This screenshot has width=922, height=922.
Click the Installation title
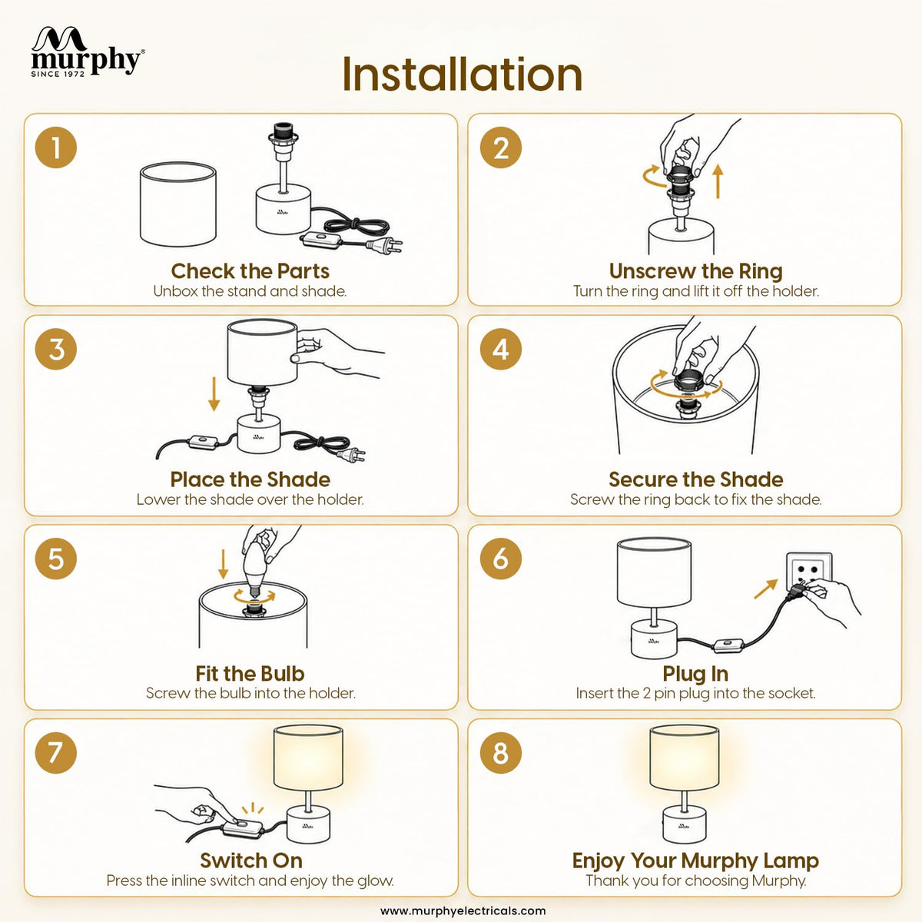pos(463,75)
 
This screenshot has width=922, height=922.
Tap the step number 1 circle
pos(56,148)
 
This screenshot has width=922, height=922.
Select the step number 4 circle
pos(500,349)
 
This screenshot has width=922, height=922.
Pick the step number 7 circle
pos(56,753)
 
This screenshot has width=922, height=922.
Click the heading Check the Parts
pos(250,270)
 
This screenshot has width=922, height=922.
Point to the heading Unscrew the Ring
pos(695,270)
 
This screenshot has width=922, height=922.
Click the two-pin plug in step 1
pos(384,245)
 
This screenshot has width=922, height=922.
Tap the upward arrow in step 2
pos(717,181)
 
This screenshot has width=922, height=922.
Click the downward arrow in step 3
pos(214,394)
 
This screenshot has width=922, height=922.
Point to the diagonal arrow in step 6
pos(765,589)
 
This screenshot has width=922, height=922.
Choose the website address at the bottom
pos(463,910)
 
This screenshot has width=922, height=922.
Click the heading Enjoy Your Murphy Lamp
pos(695,861)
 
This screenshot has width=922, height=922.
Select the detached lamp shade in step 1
pos(178,204)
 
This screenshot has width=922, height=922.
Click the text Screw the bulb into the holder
pos(250,693)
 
